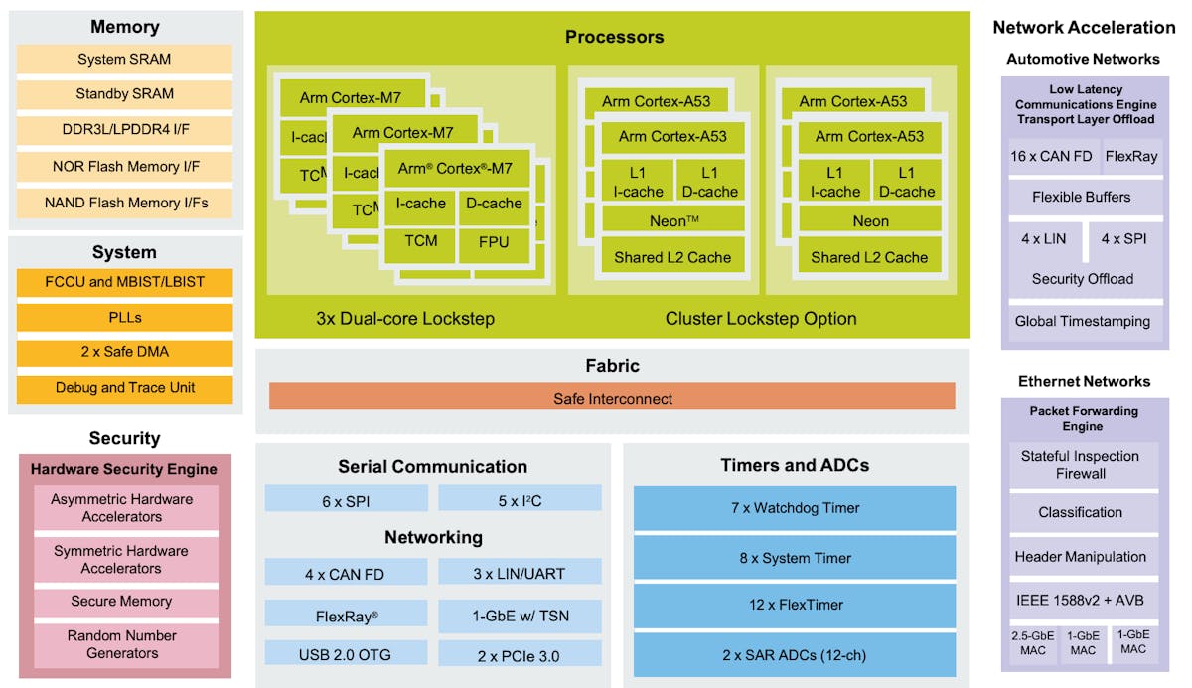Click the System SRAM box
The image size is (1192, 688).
pos(124,59)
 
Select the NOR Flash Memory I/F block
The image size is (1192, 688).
pos(124,166)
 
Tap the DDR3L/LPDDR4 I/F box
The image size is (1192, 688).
pos(124,130)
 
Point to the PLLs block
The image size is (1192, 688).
pos(124,318)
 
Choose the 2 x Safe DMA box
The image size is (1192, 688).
pos(124,352)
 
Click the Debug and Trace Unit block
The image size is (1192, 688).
pos(124,388)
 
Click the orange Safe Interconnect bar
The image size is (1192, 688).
pos(612,398)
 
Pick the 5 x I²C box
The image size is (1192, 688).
pos(520,501)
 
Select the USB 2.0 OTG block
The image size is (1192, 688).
pos(346,655)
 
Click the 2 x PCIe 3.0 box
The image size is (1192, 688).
pos(520,655)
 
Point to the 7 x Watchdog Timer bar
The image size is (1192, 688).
pos(795,508)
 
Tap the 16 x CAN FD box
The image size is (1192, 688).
pos(1049,156)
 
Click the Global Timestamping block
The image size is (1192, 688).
pos(1082,322)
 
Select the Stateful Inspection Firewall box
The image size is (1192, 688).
pos(1080,465)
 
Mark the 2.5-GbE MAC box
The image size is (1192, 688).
pos(1031,642)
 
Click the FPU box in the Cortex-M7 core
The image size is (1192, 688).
pos(494,242)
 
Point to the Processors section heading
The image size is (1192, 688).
pos(614,37)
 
